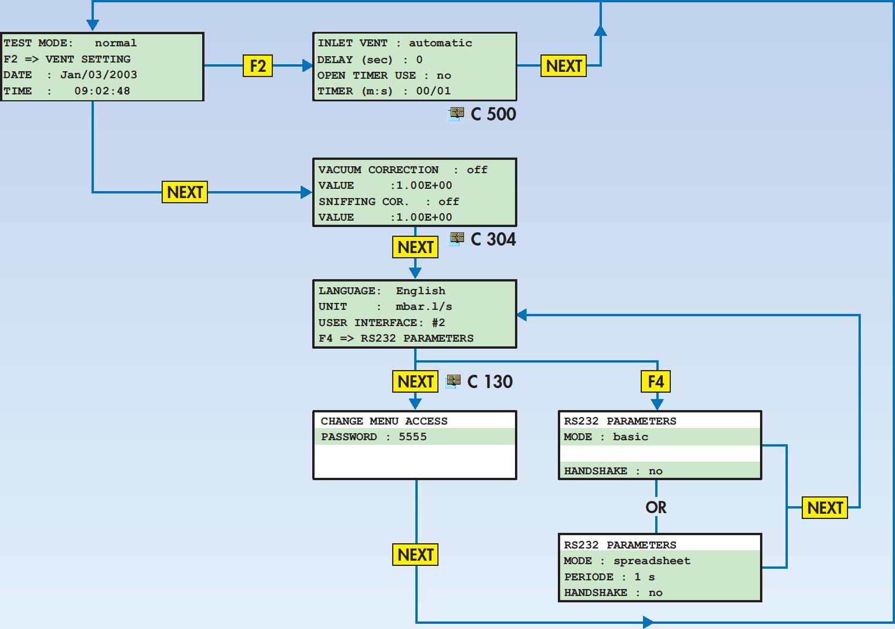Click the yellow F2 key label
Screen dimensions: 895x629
pos(258,66)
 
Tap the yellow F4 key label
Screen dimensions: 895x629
pos(656,381)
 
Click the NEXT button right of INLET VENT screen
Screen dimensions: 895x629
pos(564,66)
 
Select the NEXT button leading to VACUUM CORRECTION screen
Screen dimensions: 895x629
pos(185,192)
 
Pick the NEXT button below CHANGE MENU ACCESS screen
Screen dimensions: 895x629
pos(415,555)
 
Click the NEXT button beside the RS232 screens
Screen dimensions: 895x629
pos(825,507)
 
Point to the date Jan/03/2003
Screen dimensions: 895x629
pos(98,75)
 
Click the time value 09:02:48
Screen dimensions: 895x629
pos(103,91)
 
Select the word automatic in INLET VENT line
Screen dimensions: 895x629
pos(440,43)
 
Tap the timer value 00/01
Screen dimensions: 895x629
pos(433,91)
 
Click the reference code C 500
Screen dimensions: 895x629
pos(493,114)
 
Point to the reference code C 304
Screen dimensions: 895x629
pos(493,239)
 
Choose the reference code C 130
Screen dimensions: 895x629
pos(490,381)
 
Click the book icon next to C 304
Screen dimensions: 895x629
pos(456,239)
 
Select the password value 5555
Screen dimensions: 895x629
pos(412,437)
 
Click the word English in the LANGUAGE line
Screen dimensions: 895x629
pos(421,291)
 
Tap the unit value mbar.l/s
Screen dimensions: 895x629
pos(423,306)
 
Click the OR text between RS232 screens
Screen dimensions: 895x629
pos(656,507)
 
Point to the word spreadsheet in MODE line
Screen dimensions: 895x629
pos(652,561)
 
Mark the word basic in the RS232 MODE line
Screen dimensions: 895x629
pos(630,437)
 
